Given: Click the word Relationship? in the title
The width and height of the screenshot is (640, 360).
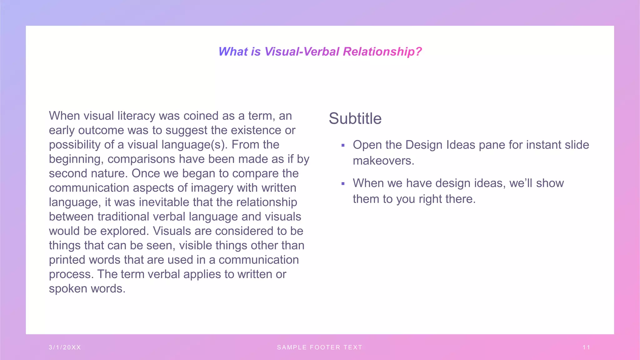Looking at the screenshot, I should pos(382,52).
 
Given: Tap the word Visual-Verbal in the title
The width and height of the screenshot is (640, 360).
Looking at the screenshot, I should pos(302,52).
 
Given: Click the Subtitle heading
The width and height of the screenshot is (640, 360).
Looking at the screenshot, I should pos(355,119).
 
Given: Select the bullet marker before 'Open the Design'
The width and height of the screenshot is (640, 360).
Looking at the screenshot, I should pos(343,145).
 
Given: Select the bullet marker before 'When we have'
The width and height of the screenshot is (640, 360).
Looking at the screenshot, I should pos(343,184).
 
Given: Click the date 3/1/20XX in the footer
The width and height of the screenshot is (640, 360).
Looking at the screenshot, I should pos(65,347).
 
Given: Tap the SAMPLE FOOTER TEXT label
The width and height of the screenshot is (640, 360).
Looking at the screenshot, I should pos(320,347).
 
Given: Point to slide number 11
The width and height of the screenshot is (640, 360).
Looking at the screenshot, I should pos(586,347).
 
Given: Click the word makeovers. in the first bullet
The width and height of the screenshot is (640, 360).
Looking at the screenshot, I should pos(383,161).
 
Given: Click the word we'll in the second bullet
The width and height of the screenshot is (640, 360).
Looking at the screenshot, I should pos(521,183).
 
